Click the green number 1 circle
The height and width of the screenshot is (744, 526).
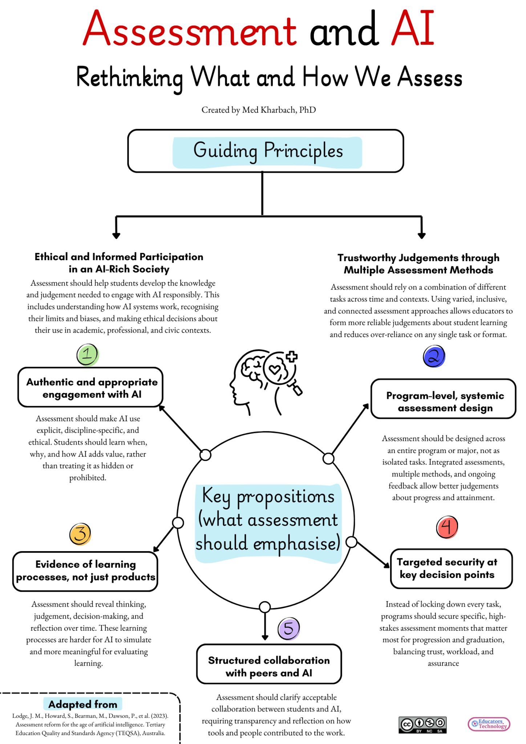pyautogui.click(x=88, y=355)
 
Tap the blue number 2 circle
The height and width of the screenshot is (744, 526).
pyautogui.click(x=434, y=357)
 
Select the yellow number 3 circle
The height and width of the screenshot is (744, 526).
pyautogui.click(x=80, y=534)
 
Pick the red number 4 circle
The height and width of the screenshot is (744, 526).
pyautogui.click(x=447, y=527)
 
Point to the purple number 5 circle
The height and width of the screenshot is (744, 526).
pyautogui.click(x=288, y=628)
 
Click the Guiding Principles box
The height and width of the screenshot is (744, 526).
pyautogui.click(x=266, y=151)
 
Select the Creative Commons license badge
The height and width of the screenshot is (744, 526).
pyautogui.click(x=422, y=725)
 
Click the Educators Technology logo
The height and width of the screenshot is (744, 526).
pyautogui.click(x=489, y=724)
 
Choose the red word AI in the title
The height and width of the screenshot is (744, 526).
pyautogui.click(x=413, y=29)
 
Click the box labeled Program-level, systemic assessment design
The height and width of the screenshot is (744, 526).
pyautogui.click(x=443, y=399)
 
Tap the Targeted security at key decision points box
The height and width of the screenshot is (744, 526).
pyautogui.click(x=451, y=569)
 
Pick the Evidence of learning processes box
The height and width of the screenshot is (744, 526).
pyautogui.click(x=85, y=571)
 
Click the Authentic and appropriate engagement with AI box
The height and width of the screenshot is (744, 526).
pyautogui.click(x=90, y=387)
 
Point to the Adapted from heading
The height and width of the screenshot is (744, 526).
pyautogui.click(x=83, y=704)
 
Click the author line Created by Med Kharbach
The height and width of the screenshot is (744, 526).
pyautogui.click(x=259, y=110)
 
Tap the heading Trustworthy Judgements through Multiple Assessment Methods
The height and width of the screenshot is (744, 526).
pyautogui.click(x=418, y=264)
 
